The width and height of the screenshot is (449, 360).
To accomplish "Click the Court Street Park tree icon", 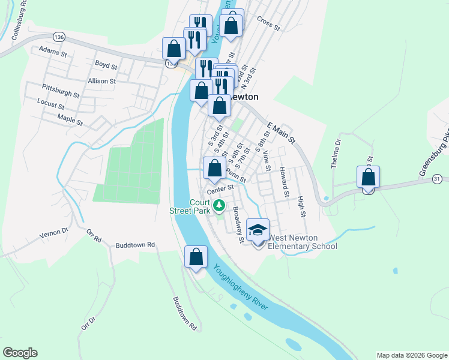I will pyautogui.click(x=220, y=206).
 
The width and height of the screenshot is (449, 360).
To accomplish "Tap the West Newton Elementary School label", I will pyautogui.click(x=302, y=242).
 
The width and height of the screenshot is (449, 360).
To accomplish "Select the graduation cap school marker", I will pyautogui.click(x=258, y=230).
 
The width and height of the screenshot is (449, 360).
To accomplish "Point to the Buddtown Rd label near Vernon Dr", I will pyautogui.click(x=136, y=245).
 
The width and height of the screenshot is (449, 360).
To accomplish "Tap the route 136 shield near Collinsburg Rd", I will pyautogui.click(x=58, y=37).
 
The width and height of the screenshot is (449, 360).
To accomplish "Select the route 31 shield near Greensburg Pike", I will pyautogui.click(x=438, y=179).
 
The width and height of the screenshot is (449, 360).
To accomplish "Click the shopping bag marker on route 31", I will pyautogui.click(x=368, y=178).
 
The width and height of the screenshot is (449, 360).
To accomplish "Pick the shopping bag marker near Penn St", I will pyautogui.click(x=214, y=169).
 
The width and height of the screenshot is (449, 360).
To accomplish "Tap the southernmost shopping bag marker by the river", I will pyautogui.click(x=196, y=257).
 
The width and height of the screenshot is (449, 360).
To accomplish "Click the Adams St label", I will pyautogui.click(x=52, y=52).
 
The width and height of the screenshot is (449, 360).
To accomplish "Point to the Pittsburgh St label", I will pyautogui.click(x=61, y=91).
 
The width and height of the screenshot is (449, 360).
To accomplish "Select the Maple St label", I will pyautogui.click(x=70, y=120).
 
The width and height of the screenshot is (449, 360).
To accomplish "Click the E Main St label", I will pyautogui.click(x=282, y=133).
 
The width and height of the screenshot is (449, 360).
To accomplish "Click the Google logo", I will pyautogui.click(x=20, y=353).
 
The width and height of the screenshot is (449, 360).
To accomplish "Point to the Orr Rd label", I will pyautogui.click(x=94, y=235).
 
